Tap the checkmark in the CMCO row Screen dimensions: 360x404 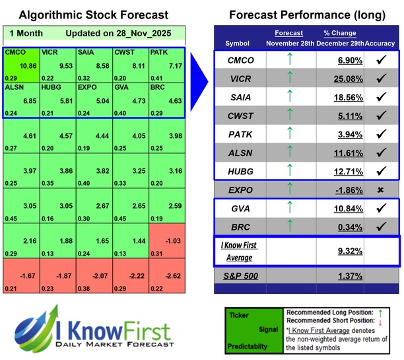381,61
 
